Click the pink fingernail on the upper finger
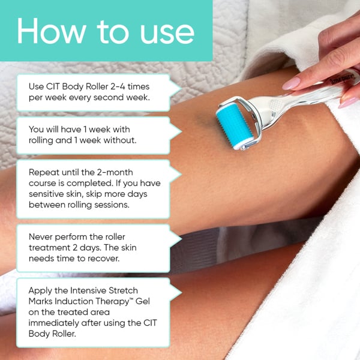click(x=292, y=83)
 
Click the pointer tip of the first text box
click(x=181, y=87)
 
